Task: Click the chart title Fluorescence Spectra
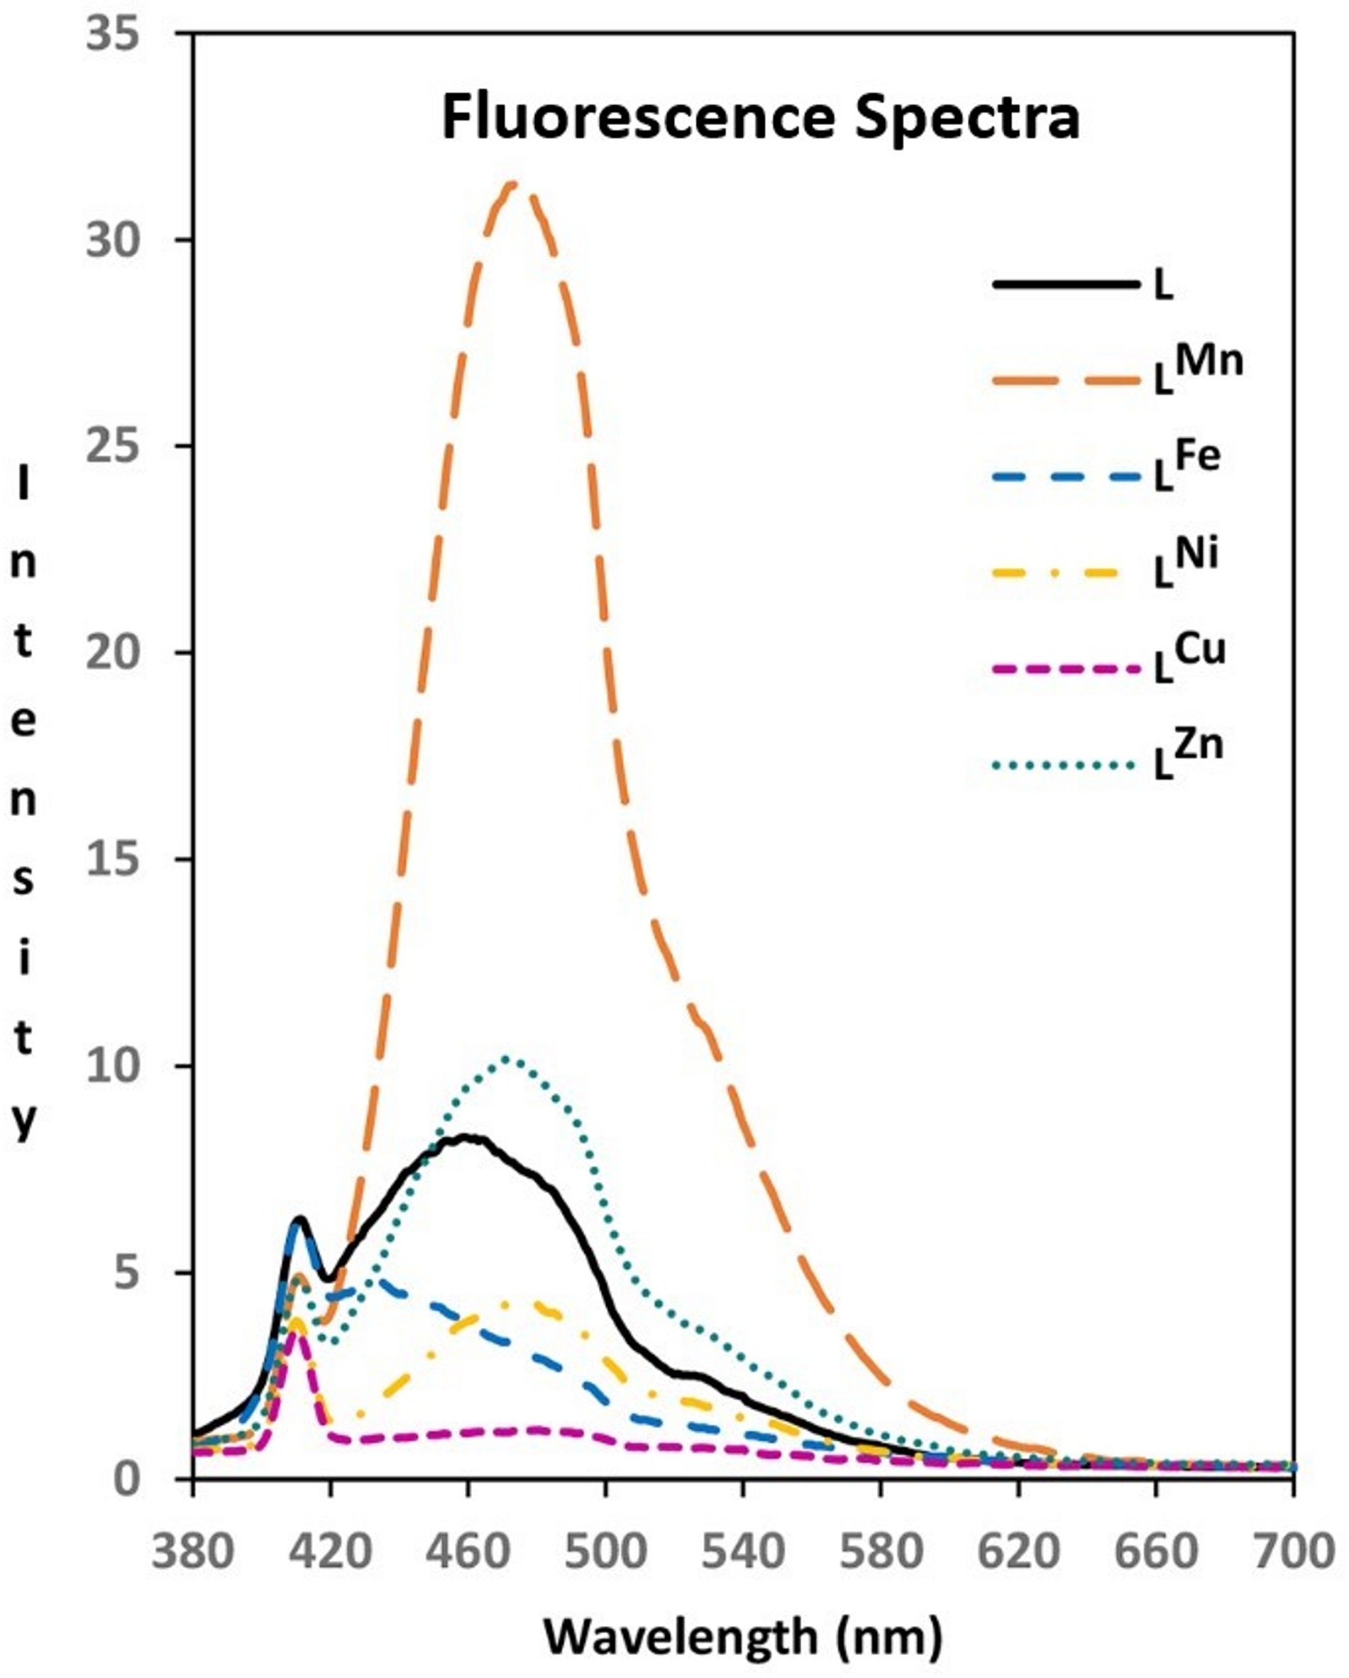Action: click(x=760, y=119)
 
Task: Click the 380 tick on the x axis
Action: click(x=192, y=1551)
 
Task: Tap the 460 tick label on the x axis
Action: click(x=468, y=1551)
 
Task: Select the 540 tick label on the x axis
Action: click(x=743, y=1551)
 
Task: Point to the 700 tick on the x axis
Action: click(x=1293, y=1551)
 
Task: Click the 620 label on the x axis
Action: click(x=1018, y=1551)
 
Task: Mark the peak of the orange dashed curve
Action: click(x=512, y=185)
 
